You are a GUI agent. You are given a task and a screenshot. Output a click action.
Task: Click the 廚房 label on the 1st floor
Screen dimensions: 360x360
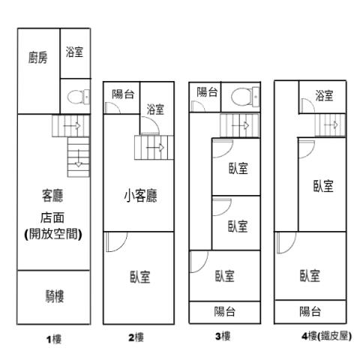pyautogui.click(x=37, y=58)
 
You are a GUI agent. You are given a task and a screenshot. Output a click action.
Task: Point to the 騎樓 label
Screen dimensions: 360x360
pyautogui.click(x=54, y=296)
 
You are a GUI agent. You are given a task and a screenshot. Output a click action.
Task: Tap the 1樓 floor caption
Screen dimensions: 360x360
pyautogui.click(x=54, y=339)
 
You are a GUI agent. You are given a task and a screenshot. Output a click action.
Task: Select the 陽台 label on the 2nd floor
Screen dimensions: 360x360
pyautogui.click(x=123, y=94)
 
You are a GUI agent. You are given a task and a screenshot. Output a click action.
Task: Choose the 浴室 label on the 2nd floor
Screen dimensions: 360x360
pyautogui.click(x=155, y=109)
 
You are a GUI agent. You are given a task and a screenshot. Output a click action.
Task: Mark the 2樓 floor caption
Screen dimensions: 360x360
pyautogui.click(x=136, y=338)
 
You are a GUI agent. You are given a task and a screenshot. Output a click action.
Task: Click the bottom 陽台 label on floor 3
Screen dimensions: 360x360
pyautogui.click(x=225, y=311)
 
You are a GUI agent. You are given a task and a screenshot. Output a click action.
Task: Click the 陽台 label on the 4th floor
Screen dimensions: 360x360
pyautogui.click(x=310, y=311)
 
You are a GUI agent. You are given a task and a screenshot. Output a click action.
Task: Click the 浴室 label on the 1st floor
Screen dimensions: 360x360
pyautogui.click(x=74, y=52)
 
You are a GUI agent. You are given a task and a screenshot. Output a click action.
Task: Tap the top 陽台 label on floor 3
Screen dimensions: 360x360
pyautogui.click(x=208, y=91)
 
